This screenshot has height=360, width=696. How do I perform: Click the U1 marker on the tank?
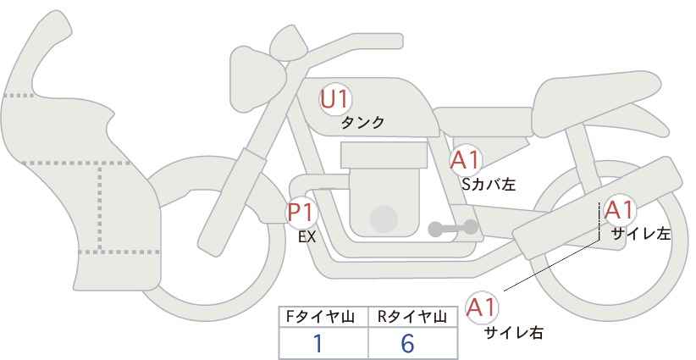[x=335, y=99]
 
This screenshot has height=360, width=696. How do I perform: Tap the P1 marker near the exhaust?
[x=301, y=213]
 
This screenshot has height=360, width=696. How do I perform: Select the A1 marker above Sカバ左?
[x=465, y=160]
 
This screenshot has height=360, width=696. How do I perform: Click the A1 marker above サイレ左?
[x=619, y=210]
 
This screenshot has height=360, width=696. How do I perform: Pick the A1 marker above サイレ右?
[x=482, y=307]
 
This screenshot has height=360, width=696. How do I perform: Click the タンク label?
[x=362, y=123]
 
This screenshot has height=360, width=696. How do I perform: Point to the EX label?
[x=307, y=237]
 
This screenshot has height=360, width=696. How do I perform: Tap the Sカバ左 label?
[x=489, y=184]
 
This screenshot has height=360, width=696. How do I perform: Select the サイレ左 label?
[x=640, y=234]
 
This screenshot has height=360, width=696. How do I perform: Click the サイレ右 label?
[x=514, y=333]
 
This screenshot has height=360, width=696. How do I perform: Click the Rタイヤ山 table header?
[x=412, y=317]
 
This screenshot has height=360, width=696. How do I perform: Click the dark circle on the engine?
[x=384, y=219]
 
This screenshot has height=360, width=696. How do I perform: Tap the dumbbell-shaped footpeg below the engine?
[x=453, y=228]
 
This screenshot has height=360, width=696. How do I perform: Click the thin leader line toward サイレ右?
[x=551, y=266]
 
